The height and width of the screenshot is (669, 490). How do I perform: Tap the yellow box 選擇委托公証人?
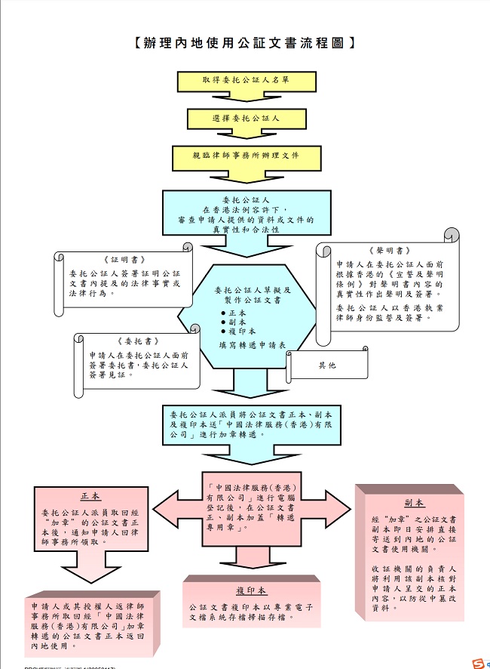pos(245,119)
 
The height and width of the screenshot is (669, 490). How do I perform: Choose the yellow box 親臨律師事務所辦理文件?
pos(245,156)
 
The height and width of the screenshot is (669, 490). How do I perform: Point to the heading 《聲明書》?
pos(390,251)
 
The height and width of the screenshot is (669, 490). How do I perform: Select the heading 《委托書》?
pos(137,341)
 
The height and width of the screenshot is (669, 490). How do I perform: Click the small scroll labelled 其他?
pos(327,365)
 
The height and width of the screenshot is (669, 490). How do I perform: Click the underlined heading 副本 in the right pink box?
pos(414,503)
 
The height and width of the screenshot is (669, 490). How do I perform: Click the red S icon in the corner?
pos(476,663)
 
